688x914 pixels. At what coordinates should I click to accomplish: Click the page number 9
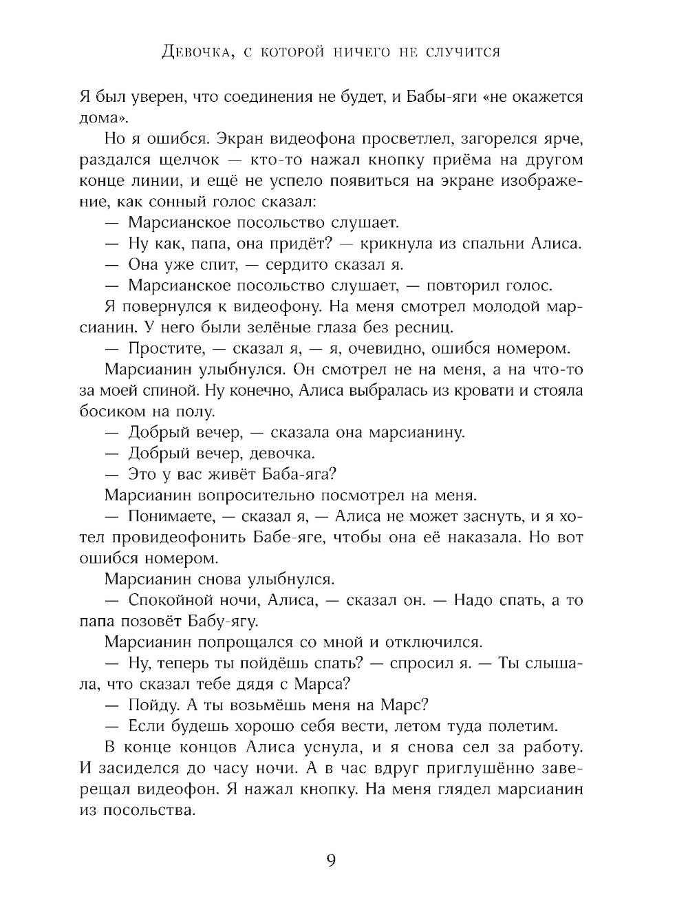tap(330, 860)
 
